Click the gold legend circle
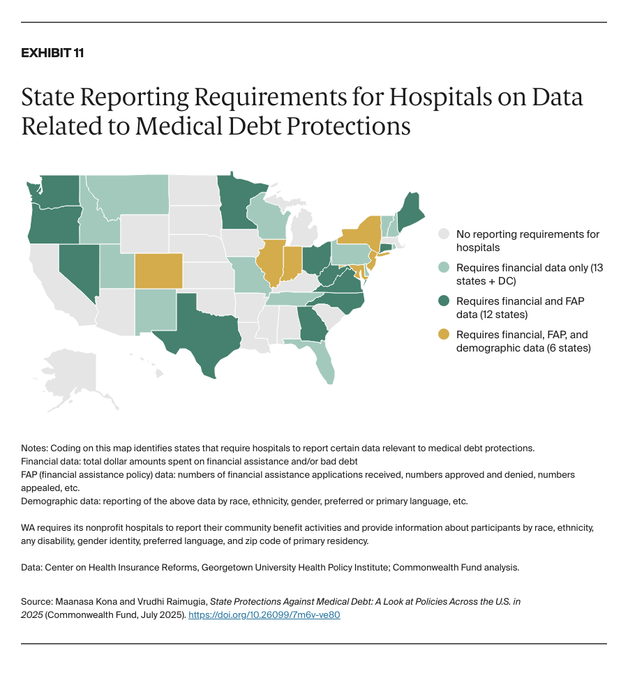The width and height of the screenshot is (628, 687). [x=443, y=335]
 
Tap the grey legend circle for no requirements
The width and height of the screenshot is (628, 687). [x=443, y=234]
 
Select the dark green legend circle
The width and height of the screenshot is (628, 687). [x=443, y=301]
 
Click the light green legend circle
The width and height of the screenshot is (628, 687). [x=443, y=268]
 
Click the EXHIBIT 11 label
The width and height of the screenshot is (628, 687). [x=52, y=53]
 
